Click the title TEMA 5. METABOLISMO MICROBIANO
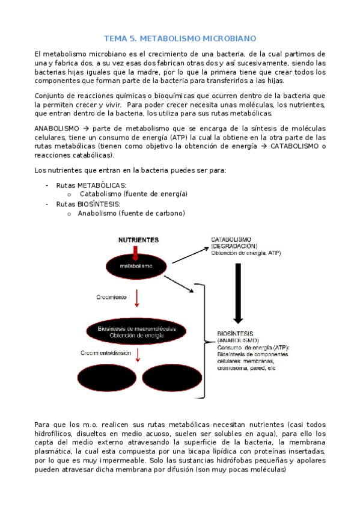tap(180, 37)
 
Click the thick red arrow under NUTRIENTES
tap(136, 250)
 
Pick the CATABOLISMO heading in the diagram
tap(231, 239)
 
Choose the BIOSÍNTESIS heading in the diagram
tap(235, 333)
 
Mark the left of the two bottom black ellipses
tap(106, 381)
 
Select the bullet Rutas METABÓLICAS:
tap(90, 185)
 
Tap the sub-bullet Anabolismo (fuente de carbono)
tap(131, 213)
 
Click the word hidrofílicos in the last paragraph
tap(58, 433)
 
